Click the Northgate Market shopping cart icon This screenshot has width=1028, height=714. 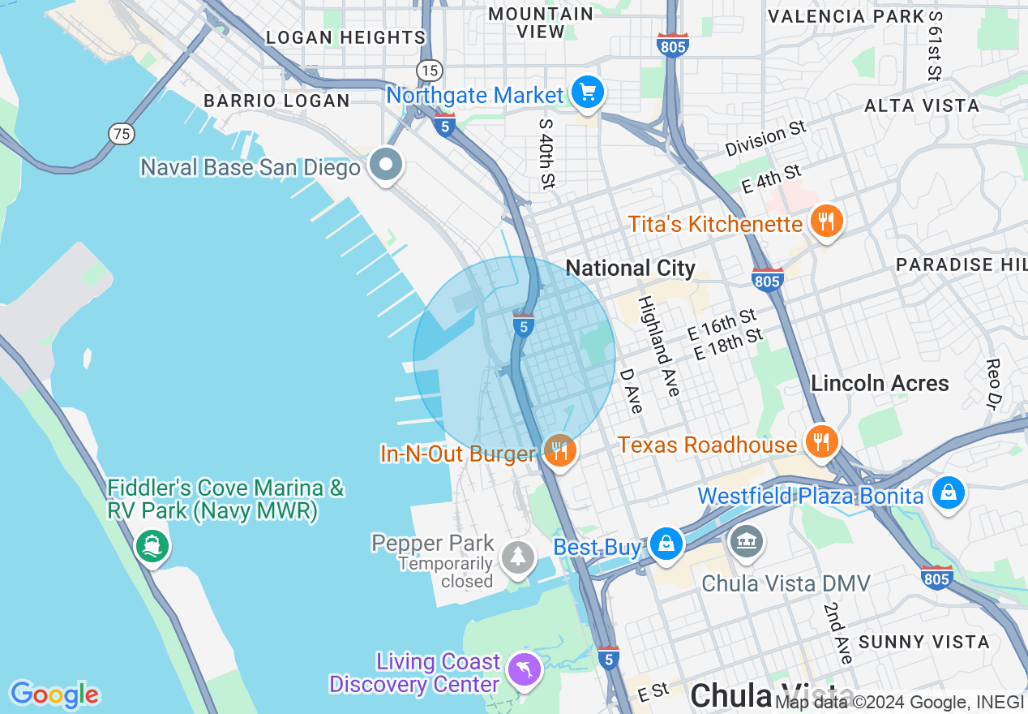pos(588,92)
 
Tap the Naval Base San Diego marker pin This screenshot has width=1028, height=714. pos(386,165)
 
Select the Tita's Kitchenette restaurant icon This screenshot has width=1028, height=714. pos(825,221)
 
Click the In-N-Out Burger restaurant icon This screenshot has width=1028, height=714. pos(559,451)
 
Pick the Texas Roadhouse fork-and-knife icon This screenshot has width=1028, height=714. pos(822,442)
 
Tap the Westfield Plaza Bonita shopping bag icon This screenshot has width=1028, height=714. pos(947,493)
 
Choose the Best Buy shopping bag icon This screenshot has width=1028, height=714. pos(666,544)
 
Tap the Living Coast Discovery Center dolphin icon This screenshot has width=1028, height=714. pos(525,670)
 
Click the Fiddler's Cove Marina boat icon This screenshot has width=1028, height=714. pos(151,546)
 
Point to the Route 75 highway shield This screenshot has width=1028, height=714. pos(122,134)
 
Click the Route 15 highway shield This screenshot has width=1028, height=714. pos(430,70)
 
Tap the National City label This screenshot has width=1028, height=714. pos(630,268)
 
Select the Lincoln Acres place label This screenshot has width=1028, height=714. pos(880,383)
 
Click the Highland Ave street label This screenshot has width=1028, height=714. pos(658,346)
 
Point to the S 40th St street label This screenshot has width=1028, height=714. pos(546,152)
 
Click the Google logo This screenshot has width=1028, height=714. pos(54,695)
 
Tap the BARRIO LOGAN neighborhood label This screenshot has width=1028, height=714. pos(276,101)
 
